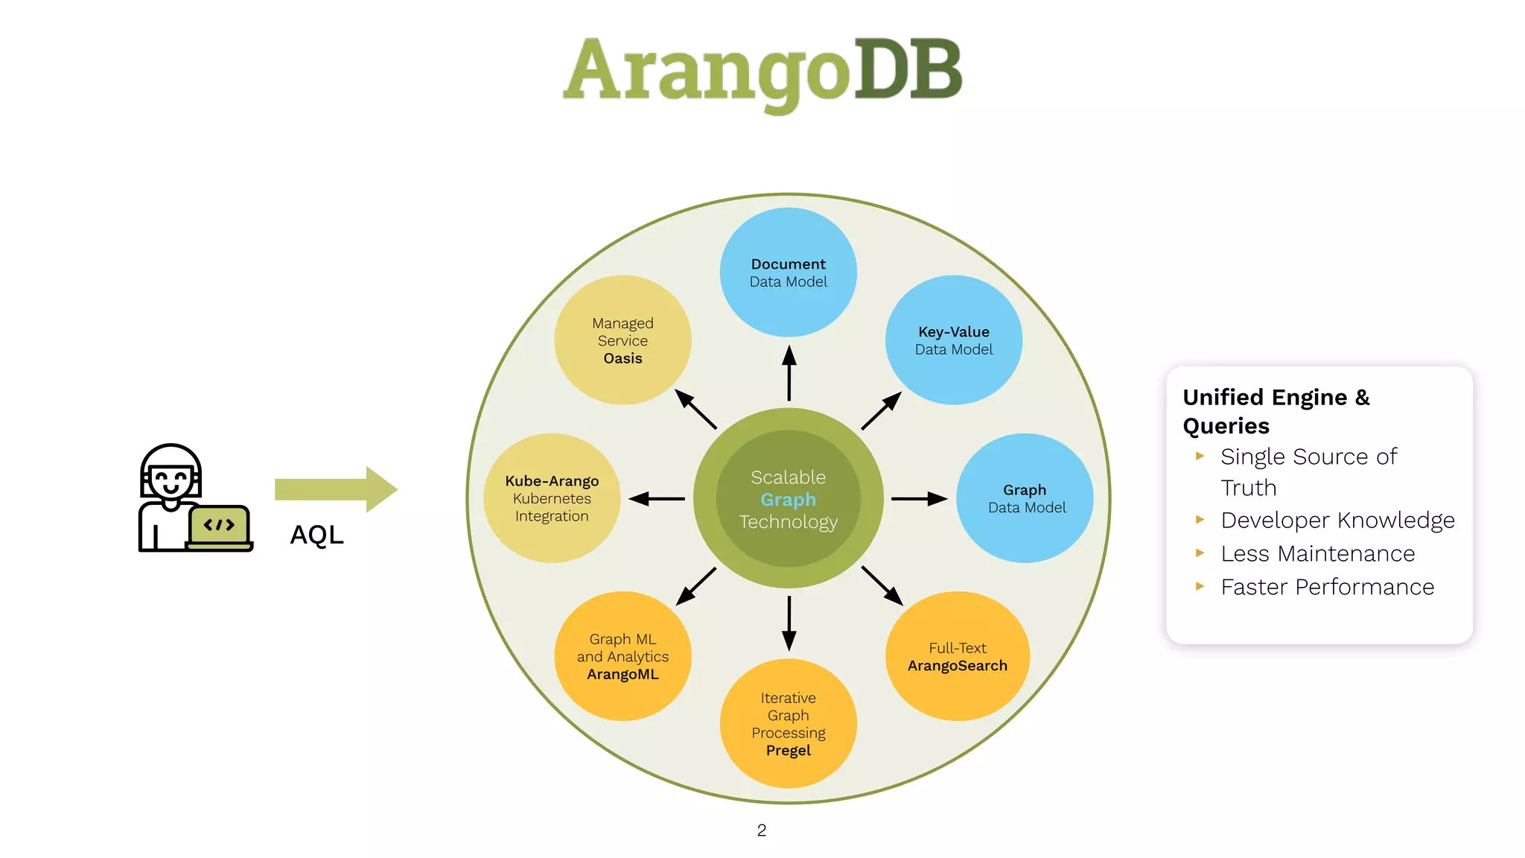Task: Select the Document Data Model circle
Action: [788, 272]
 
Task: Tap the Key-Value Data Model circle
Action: [953, 340]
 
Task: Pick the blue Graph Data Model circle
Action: [1025, 498]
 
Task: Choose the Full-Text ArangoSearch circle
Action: [957, 656]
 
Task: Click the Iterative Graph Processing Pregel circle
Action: [788, 723]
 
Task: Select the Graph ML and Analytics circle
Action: [623, 656]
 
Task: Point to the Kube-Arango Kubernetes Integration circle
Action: [552, 498]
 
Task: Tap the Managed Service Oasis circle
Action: [623, 340]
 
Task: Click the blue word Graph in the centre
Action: [788, 500]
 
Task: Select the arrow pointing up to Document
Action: [789, 372]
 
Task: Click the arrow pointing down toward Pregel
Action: [789, 623]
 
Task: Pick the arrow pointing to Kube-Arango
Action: [656, 498]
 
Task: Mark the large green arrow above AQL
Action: [336, 489]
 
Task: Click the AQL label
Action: [316, 535]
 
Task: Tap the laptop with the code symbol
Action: [219, 527]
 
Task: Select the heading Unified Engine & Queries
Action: [1276, 411]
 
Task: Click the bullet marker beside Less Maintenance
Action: [1200, 553]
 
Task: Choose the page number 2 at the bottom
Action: [761, 830]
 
